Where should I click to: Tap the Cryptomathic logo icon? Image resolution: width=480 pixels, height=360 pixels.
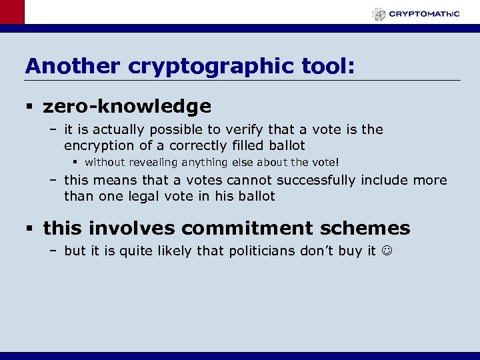(379, 13)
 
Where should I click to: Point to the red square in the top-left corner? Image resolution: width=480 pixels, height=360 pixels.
(12, 12)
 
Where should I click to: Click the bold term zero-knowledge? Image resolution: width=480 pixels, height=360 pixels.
(127, 107)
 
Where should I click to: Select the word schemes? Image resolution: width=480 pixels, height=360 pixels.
(370, 228)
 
